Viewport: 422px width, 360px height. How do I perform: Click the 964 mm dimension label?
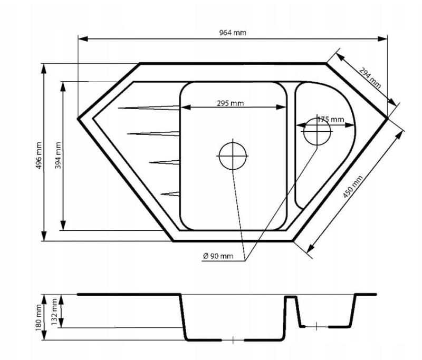click(x=233, y=33)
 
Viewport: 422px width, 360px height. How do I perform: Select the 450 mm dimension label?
click(x=353, y=187)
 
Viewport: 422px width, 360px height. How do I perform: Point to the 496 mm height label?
click(x=36, y=153)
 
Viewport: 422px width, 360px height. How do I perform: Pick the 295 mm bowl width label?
click(x=230, y=103)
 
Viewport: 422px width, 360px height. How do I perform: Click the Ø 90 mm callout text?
click(x=218, y=256)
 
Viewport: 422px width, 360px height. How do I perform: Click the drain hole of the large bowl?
click(x=233, y=156)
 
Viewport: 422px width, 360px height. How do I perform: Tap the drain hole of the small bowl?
click(x=317, y=132)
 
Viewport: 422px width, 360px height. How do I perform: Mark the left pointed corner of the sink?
click(x=79, y=118)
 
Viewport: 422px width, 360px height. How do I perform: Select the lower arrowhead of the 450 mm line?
click(x=310, y=249)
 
